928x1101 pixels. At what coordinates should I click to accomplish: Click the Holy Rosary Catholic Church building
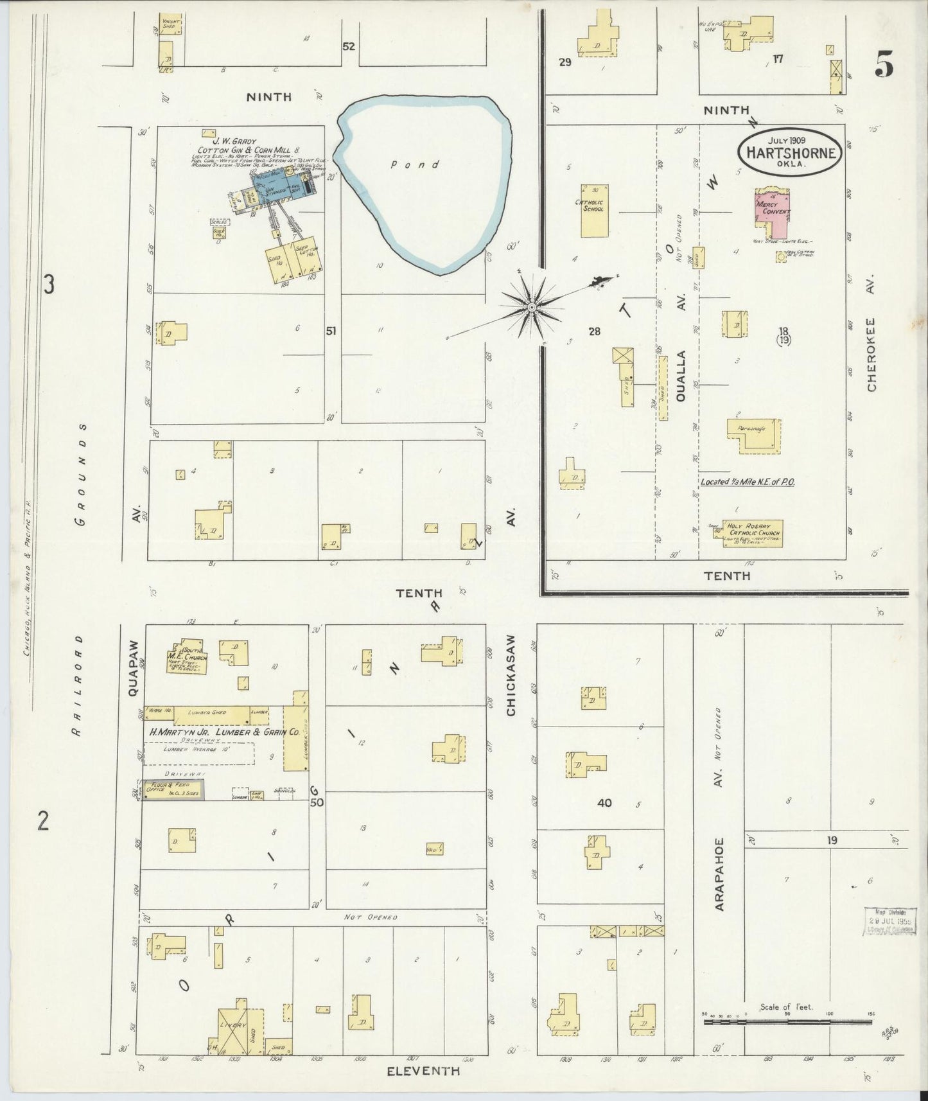point(753,533)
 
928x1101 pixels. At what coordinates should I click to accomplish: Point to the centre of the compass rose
point(532,308)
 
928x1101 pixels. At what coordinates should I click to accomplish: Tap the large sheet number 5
point(884,65)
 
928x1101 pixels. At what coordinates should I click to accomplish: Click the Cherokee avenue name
point(871,354)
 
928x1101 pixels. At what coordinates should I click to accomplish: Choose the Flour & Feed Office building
point(173,789)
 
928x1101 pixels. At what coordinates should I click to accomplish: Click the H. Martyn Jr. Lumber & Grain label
point(223,731)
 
